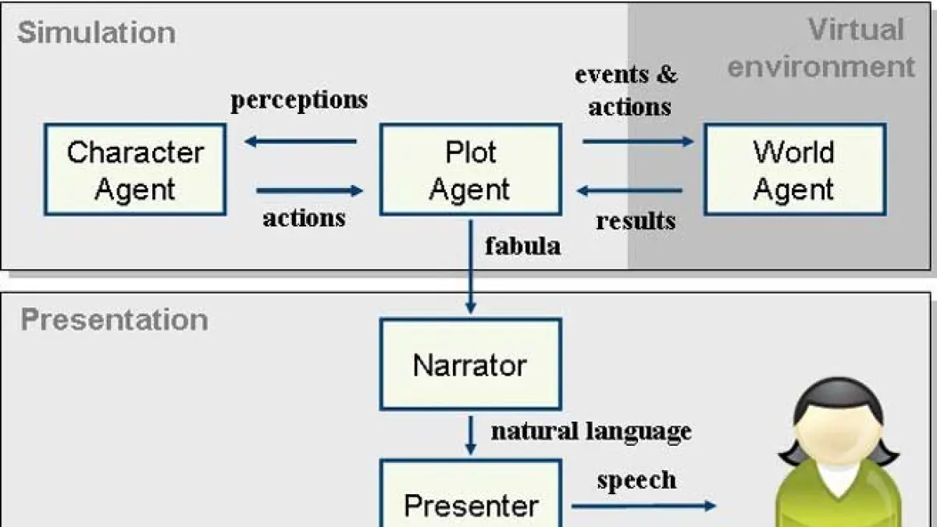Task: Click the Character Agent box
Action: coord(135,169)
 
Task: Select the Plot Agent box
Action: coord(470,169)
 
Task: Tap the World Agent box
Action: coord(794,169)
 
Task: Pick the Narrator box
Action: coord(470,364)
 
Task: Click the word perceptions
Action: coord(298,101)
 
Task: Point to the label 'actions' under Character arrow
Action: coord(304,218)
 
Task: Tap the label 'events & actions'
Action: coord(628,91)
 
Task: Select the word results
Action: coord(636,221)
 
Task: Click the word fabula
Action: coord(522,246)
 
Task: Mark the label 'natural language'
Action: coord(590,431)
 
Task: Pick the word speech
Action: coord(636,479)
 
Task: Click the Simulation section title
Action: coord(96,33)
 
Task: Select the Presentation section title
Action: coord(114,320)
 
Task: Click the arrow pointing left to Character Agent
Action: coord(301,141)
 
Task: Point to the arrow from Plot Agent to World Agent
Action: coord(637,141)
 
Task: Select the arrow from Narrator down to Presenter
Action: coord(470,434)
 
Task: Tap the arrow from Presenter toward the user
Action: coord(643,506)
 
